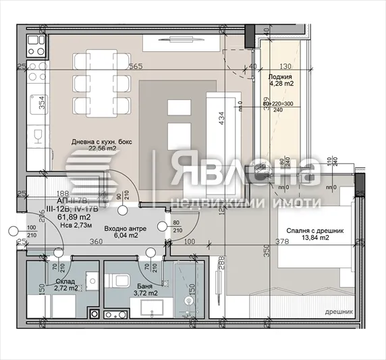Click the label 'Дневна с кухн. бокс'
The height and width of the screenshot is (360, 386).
click(x=102, y=142)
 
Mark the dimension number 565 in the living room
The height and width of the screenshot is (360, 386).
click(x=137, y=66)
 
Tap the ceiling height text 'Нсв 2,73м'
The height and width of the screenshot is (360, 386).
click(x=75, y=226)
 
